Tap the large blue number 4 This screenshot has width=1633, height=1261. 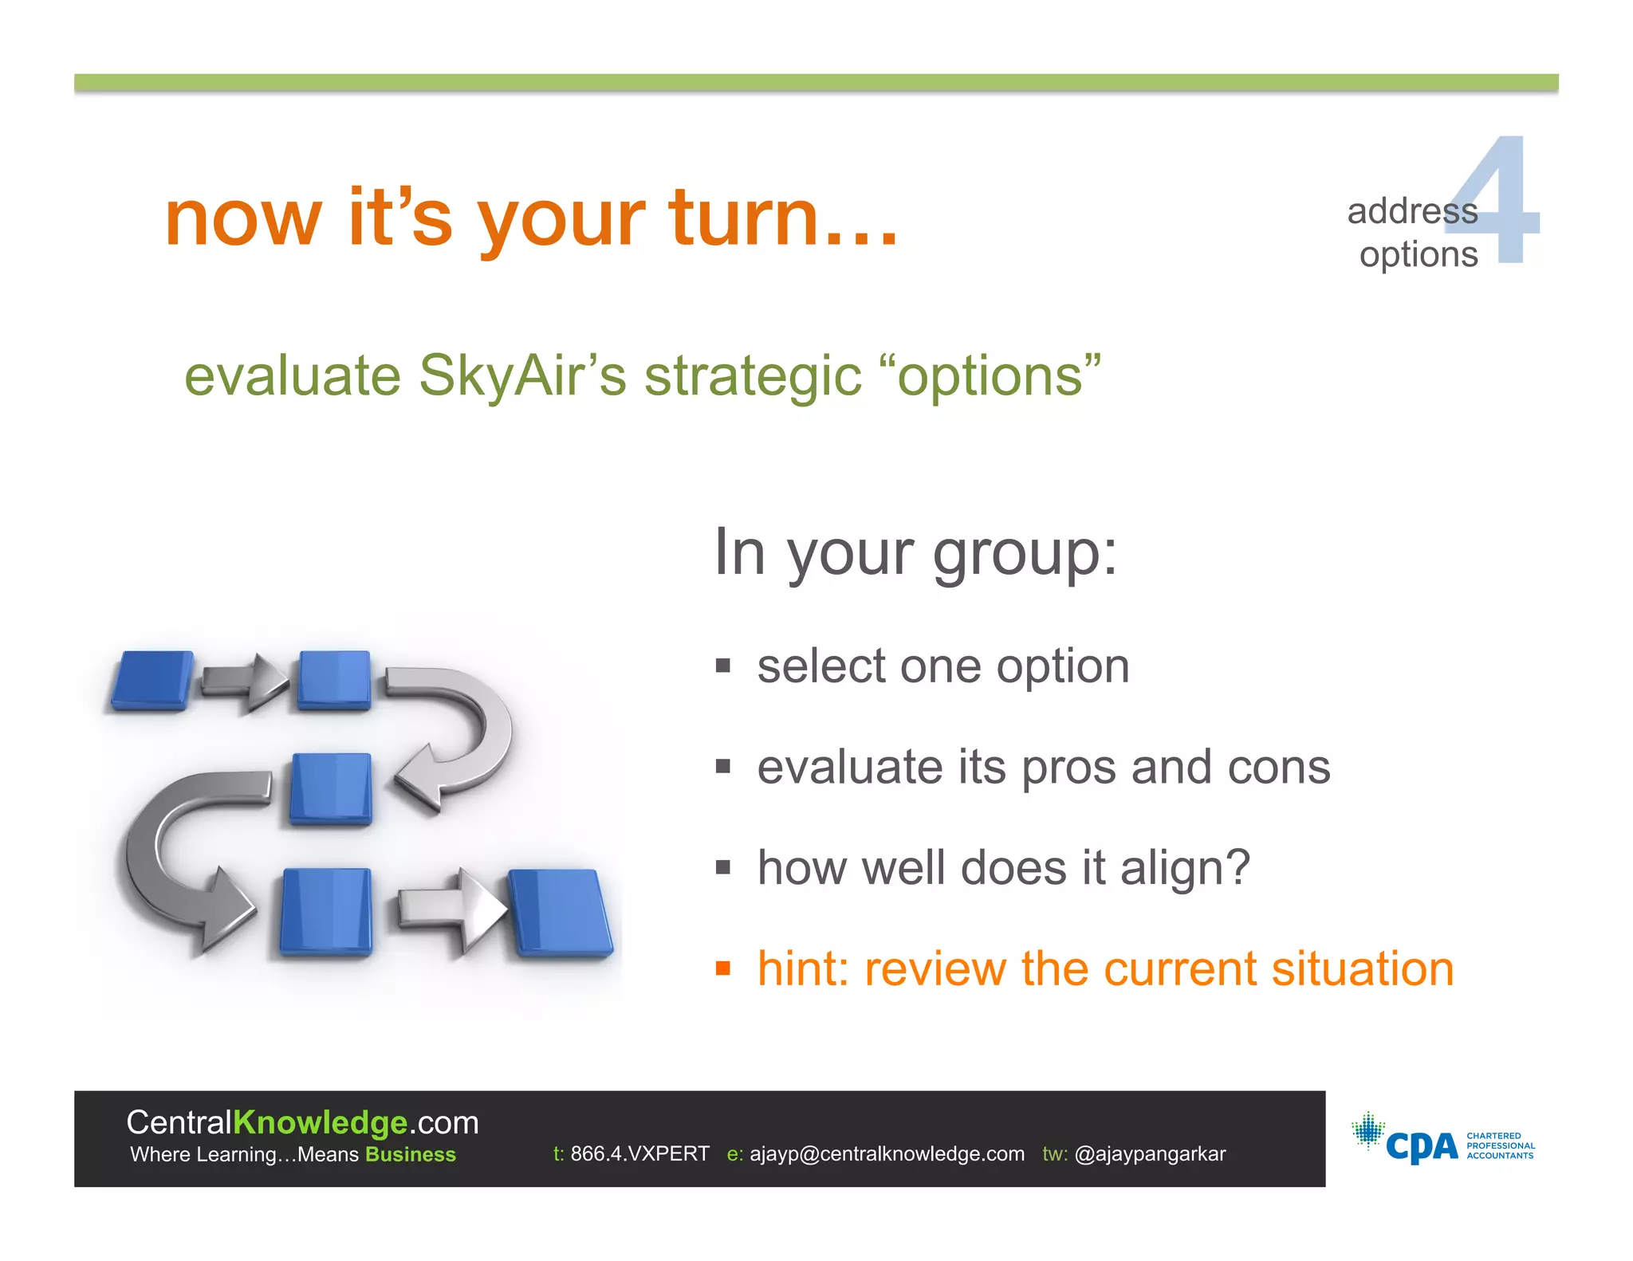1503,203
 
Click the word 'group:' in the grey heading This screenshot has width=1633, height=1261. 1025,553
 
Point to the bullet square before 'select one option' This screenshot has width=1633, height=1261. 723,666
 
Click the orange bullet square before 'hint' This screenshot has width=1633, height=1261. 723,969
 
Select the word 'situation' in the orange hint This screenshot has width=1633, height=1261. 1363,969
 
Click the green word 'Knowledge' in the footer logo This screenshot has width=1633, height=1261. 321,1122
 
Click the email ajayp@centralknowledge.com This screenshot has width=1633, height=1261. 887,1153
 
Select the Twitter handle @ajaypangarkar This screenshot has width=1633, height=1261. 1150,1153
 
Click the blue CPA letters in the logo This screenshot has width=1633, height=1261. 1421,1147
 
